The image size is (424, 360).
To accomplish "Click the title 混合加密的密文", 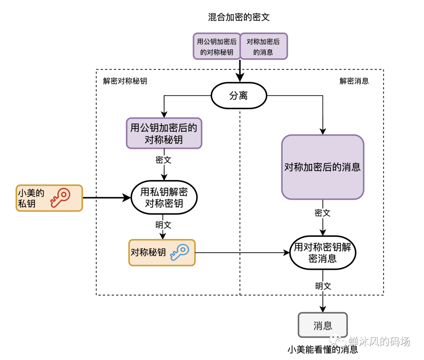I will pos(239,17).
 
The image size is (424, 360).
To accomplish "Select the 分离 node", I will pos(239,96).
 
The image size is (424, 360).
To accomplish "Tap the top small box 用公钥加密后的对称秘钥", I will pos(217,46).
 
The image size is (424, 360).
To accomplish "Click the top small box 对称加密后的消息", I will pos(263,46).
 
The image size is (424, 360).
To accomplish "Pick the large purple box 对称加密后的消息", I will pos(323,167).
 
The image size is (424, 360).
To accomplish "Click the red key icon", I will pos(60,197).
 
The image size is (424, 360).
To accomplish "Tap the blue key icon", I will pos(179,252).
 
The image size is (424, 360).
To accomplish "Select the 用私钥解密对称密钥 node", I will pos(164,198).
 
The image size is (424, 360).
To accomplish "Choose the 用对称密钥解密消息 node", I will pos(323,253).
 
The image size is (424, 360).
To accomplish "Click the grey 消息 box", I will pos(323,325).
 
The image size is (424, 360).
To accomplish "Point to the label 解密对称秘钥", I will pos(125,81).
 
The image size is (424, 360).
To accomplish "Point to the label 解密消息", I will pos(354,81).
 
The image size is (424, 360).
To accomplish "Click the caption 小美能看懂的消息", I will pos(323,349).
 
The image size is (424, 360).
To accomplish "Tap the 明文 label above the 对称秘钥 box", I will pos(164,225).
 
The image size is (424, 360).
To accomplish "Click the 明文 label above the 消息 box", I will pos(323,286).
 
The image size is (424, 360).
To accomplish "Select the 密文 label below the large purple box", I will pos(323,213).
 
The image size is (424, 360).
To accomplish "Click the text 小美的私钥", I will pos(31,198).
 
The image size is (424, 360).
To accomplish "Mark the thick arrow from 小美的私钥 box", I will pos(106,198).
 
